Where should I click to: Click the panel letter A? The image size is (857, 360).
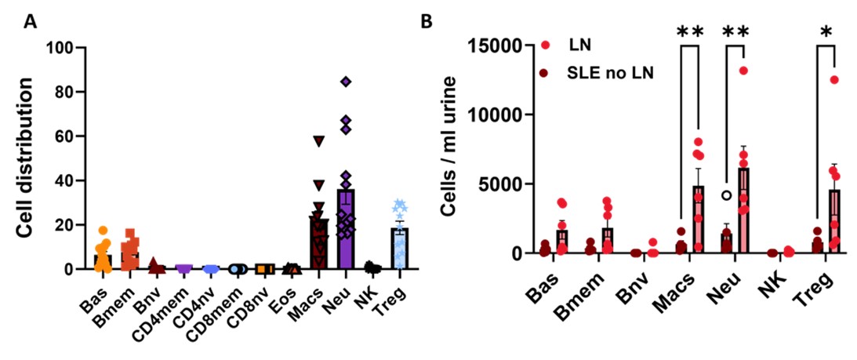point(32,22)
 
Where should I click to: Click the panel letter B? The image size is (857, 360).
point(427,22)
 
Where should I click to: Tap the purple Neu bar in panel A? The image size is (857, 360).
point(346,235)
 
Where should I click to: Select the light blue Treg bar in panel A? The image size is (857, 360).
point(400,251)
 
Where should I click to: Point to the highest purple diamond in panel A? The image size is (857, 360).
point(346,81)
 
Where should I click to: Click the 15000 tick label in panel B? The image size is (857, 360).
point(498,45)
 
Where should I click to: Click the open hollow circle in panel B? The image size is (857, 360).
point(727,195)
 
